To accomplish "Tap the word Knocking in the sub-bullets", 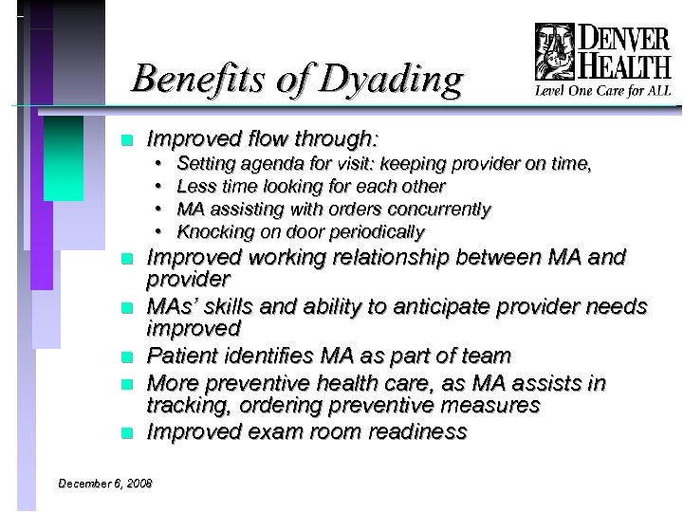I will point(210,232).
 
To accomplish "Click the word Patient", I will point(185,357).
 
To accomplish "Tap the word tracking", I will point(181,406).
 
